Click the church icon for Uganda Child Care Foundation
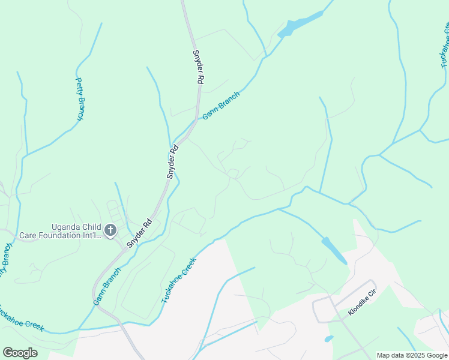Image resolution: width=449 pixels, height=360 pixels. click(110, 230)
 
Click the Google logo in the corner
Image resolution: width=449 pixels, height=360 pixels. click(20, 353)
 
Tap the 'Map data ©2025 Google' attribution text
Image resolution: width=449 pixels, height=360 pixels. click(412, 355)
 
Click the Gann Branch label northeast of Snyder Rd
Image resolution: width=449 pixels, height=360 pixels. click(221, 106)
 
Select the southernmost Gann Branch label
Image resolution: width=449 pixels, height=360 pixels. click(107, 286)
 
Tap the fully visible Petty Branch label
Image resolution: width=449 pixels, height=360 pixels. click(79, 99)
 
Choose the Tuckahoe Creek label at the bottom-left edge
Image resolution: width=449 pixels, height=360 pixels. click(22, 318)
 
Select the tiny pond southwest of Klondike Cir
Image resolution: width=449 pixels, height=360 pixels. click(328, 339)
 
